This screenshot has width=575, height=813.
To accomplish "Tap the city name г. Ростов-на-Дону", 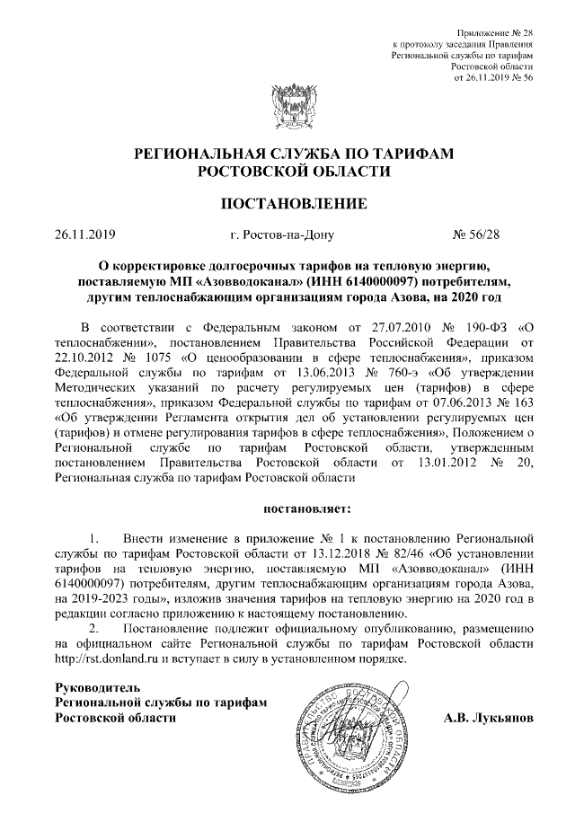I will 281,236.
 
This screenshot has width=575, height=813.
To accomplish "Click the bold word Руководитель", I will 99,688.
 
